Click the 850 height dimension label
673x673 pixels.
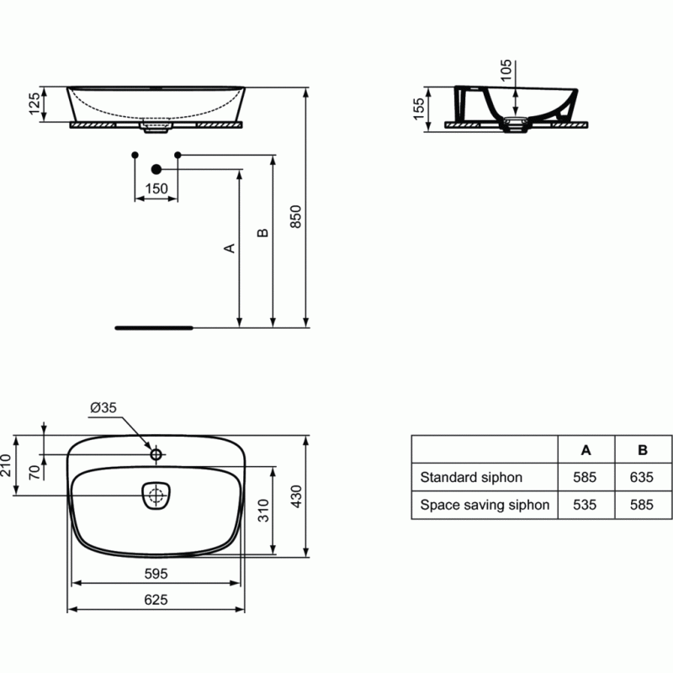(296, 217)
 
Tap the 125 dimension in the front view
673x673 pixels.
(34, 103)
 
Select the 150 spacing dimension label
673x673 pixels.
(156, 188)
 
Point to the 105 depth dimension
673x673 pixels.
(506, 71)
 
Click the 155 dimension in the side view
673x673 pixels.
(418, 109)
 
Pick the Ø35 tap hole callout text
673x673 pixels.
(103, 407)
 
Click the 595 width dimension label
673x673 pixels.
(156, 574)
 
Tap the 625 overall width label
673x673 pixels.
(156, 600)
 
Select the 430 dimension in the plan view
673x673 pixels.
(296, 496)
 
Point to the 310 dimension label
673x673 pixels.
(263, 511)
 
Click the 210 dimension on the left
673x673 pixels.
(6, 465)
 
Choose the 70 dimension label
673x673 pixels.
(34, 472)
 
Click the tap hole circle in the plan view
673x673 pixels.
(156, 453)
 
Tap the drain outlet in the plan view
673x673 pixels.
(156, 495)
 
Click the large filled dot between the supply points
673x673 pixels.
(156, 170)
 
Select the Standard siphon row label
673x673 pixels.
(471, 477)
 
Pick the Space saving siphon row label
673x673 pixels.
(485, 505)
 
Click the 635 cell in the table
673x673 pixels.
(642, 477)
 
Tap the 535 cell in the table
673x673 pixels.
(585, 505)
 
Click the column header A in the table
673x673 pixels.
(586, 450)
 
